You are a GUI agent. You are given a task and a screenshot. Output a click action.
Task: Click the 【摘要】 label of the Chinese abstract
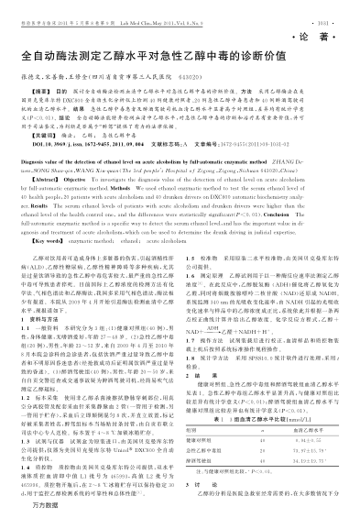click(x=40, y=93)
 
